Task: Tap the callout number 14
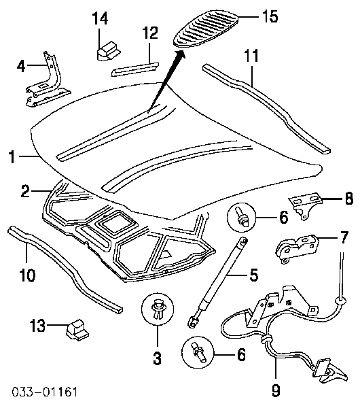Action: [100, 18]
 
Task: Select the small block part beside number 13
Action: [77, 330]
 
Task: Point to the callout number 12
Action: [150, 33]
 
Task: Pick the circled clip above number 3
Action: [158, 309]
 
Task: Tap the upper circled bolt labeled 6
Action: [242, 218]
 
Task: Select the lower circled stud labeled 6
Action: [198, 354]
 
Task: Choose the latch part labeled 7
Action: [297, 249]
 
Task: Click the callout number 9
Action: [276, 390]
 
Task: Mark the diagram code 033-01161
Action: [45, 392]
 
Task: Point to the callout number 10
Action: [28, 275]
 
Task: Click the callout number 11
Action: [251, 56]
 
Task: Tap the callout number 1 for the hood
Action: [12, 157]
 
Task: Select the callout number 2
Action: [25, 191]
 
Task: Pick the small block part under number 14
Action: [109, 51]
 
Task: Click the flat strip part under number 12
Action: [135, 69]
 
